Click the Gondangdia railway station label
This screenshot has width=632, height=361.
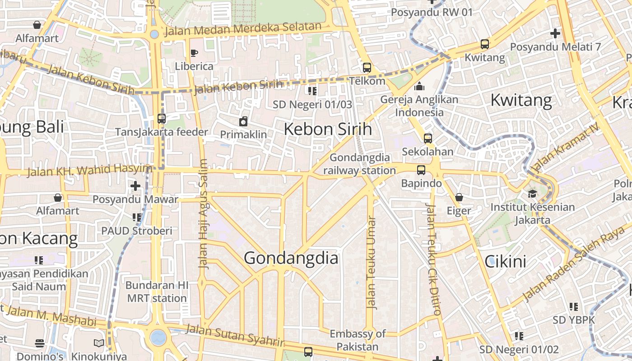pyautogui.click(x=359, y=164)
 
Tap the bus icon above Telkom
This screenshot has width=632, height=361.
pyautogui.click(x=367, y=68)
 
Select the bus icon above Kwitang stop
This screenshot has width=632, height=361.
pyautogui.click(x=484, y=44)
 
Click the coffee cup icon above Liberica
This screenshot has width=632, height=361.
pyautogui.click(x=194, y=53)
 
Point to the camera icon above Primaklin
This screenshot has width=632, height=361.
pyautogui.click(x=243, y=121)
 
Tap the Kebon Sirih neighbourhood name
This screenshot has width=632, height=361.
pyautogui.click(x=328, y=129)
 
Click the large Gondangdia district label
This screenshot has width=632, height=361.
pyautogui.click(x=291, y=258)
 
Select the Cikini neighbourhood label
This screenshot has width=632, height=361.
pyautogui.click(x=505, y=261)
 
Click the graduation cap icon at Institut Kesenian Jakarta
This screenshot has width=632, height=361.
pyautogui.click(x=533, y=194)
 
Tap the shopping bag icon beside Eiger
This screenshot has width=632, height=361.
pyautogui.click(x=459, y=197)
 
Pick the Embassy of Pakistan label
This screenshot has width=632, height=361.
pyautogui.click(x=358, y=340)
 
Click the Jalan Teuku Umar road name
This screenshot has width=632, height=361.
pyautogui.click(x=372, y=263)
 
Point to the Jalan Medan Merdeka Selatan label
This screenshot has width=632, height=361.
pyautogui.click(x=243, y=29)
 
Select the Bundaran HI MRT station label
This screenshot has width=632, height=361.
pyautogui.click(x=157, y=292)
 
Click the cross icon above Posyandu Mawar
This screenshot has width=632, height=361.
pyautogui.click(x=135, y=185)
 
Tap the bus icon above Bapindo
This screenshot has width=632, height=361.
pyautogui.click(x=421, y=170)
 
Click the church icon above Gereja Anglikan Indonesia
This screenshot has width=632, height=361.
pyautogui.click(x=419, y=86)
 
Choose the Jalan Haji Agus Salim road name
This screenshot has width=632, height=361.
pyautogui.click(x=203, y=214)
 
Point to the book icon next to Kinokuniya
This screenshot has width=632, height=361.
pyautogui.click(x=99, y=343)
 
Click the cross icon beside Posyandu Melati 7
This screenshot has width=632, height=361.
pyautogui.click(x=555, y=33)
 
